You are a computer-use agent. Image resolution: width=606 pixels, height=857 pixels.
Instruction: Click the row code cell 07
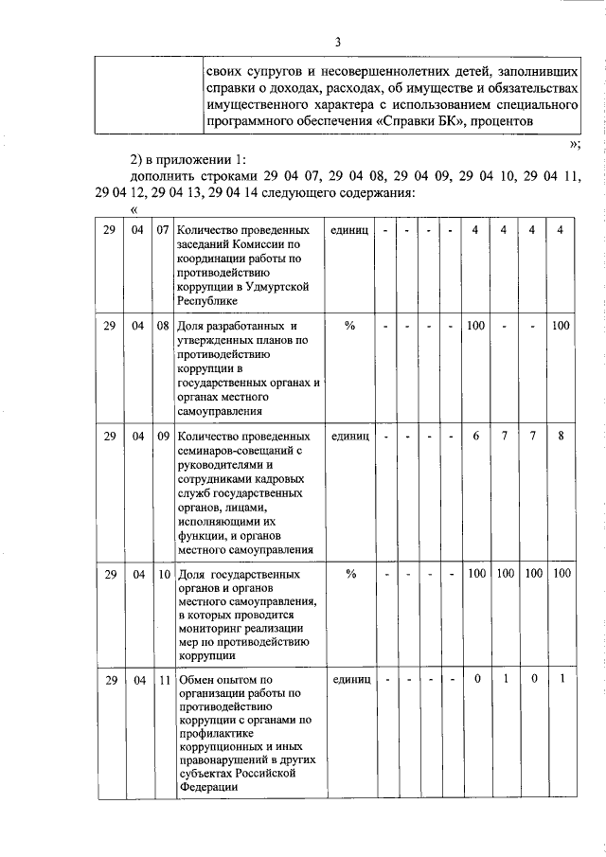tap(163, 230)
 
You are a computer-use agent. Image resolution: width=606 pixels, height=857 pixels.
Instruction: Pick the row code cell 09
tap(163, 437)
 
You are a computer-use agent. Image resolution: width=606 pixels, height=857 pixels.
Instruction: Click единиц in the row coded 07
tap(349, 230)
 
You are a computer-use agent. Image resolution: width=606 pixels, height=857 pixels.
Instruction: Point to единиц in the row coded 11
tap(349, 679)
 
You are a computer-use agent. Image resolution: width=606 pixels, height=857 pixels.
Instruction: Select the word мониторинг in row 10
tap(211, 628)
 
